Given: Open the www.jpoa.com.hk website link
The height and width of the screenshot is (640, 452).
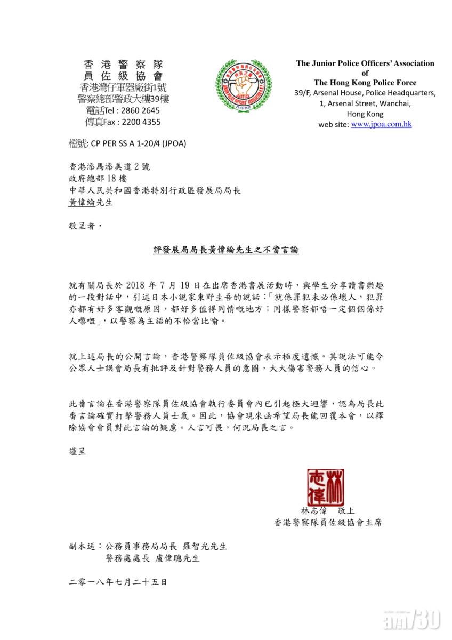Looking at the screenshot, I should tap(381, 124).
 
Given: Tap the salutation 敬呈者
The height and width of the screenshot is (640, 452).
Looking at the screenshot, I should tap(84, 226).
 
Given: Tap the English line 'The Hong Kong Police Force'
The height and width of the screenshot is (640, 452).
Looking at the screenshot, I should tap(365, 83).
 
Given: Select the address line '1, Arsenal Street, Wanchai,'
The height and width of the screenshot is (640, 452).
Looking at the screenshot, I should tap(365, 103).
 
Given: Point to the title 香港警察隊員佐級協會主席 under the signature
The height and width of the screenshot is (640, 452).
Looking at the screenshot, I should tap(328, 523).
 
